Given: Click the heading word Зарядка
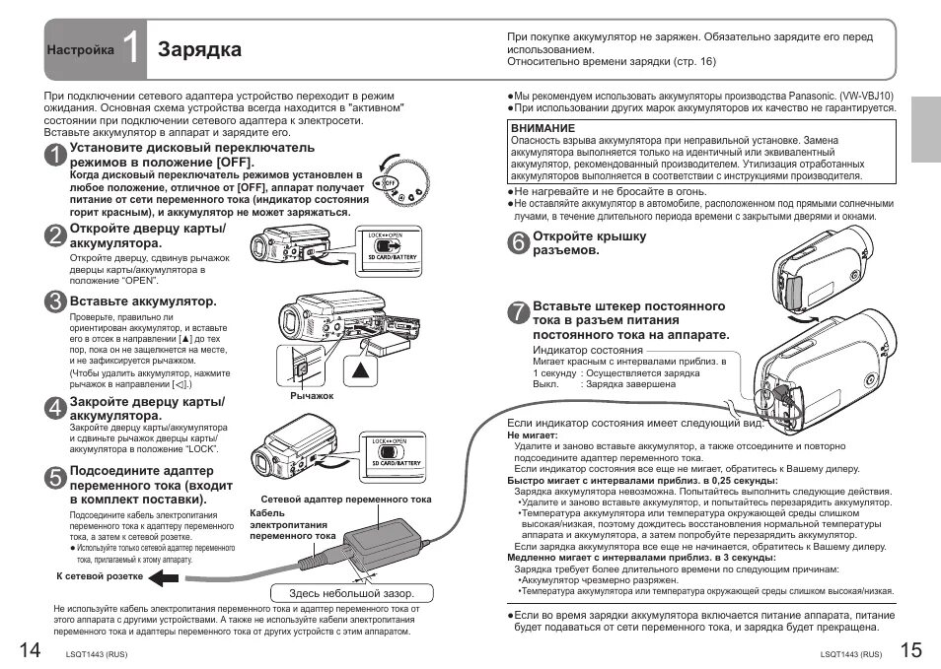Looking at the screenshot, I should [x=199, y=49].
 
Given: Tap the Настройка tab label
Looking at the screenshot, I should [x=79, y=49].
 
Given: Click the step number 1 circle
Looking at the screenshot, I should [x=56, y=155].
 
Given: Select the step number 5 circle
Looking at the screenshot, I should [x=56, y=476].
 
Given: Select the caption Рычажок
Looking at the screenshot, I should [x=312, y=395].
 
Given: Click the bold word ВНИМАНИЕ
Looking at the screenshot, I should [x=543, y=128].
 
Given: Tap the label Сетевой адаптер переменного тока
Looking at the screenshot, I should [x=345, y=500].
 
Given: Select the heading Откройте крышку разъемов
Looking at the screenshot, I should [x=590, y=243].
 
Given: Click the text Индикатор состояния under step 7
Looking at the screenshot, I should [x=588, y=350].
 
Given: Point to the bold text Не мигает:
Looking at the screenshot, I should [x=532, y=435].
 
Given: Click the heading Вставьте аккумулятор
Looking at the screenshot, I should [x=142, y=301].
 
